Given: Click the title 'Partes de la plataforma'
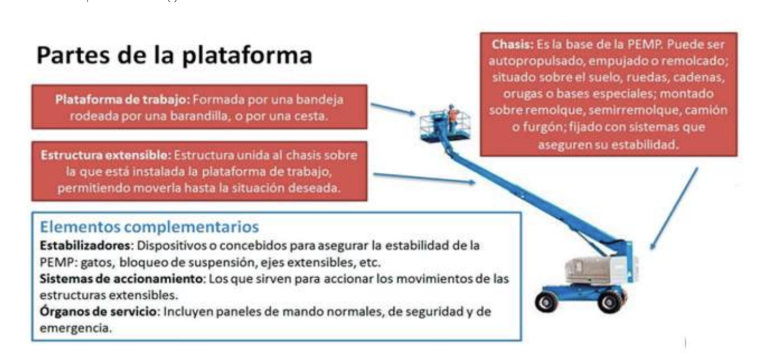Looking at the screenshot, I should (174, 55).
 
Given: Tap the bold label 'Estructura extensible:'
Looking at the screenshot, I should (106, 155).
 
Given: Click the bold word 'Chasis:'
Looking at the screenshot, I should (512, 45).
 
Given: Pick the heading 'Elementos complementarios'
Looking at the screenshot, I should (149, 227).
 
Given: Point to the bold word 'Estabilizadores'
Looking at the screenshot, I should (85, 246).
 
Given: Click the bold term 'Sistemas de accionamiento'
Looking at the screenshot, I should (121, 279).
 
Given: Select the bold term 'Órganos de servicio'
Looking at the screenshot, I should (98, 311).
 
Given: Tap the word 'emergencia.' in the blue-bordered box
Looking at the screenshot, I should (76, 328).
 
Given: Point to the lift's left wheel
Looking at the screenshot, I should (546, 302).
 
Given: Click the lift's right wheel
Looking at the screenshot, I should (610, 302).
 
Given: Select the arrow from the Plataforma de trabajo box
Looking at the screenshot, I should (393, 109).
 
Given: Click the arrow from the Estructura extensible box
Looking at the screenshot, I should (424, 178).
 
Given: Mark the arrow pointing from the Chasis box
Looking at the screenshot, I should (674, 208).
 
